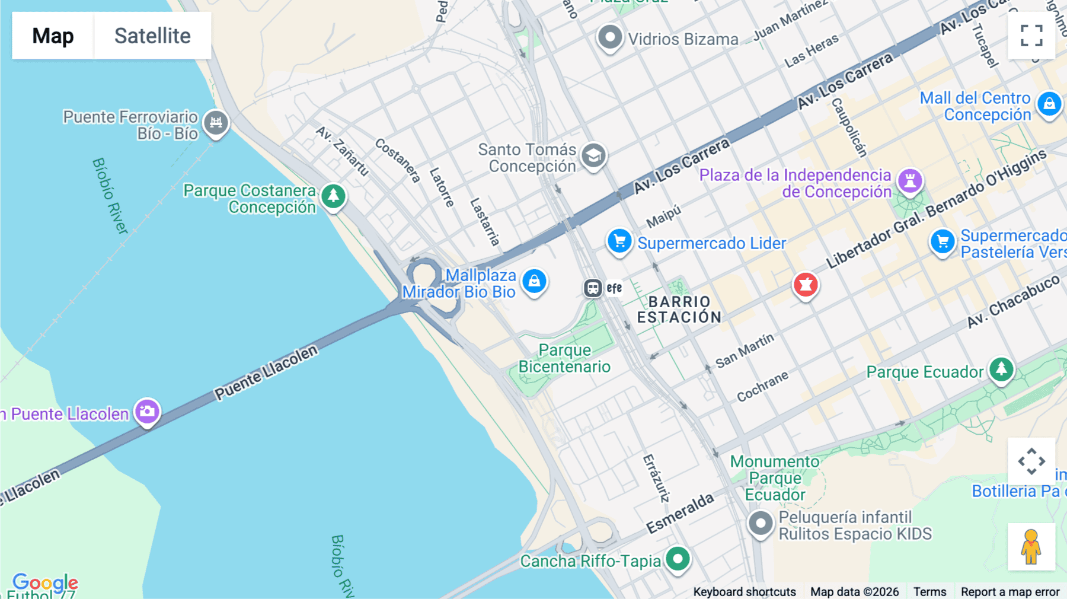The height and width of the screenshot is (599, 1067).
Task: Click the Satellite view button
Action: click(x=152, y=36)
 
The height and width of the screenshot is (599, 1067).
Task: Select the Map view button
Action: click(x=53, y=36)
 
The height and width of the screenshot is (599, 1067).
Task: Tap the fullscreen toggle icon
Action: click(x=1031, y=36)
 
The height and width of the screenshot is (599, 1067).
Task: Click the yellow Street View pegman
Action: click(x=1031, y=547)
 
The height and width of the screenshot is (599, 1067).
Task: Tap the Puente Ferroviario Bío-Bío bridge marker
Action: click(x=216, y=123)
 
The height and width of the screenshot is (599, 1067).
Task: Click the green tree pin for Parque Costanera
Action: click(x=333, y=195)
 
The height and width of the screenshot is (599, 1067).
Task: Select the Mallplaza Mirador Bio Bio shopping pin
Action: click(x=534, y=281)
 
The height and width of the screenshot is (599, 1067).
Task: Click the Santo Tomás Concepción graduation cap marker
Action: click(x=593, y=156)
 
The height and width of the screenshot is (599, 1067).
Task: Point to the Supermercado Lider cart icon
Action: click(x=619, y=241)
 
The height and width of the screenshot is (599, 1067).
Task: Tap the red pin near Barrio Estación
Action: click(x=806, y=285)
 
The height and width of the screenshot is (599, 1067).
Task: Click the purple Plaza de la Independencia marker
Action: click(x=910, y=180)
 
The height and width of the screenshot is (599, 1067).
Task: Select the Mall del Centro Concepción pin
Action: click(x=1049, y=104)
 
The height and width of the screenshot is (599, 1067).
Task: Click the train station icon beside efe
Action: click(x=592, y=288)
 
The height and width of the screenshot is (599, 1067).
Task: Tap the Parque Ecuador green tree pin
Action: click(x=1001, y=369)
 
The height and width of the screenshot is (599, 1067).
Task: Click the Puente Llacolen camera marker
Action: click(x=147, y=411)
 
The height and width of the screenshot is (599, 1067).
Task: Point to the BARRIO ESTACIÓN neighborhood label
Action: click(x=679, y=310)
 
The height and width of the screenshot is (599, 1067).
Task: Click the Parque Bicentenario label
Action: click(x=564, y=358)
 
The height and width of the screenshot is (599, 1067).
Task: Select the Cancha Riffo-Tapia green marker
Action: click(x=678, y=559)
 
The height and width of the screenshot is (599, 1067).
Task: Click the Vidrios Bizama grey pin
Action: click(x=609, y=38)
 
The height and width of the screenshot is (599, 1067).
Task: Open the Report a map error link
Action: click(x=1010, y=591)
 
